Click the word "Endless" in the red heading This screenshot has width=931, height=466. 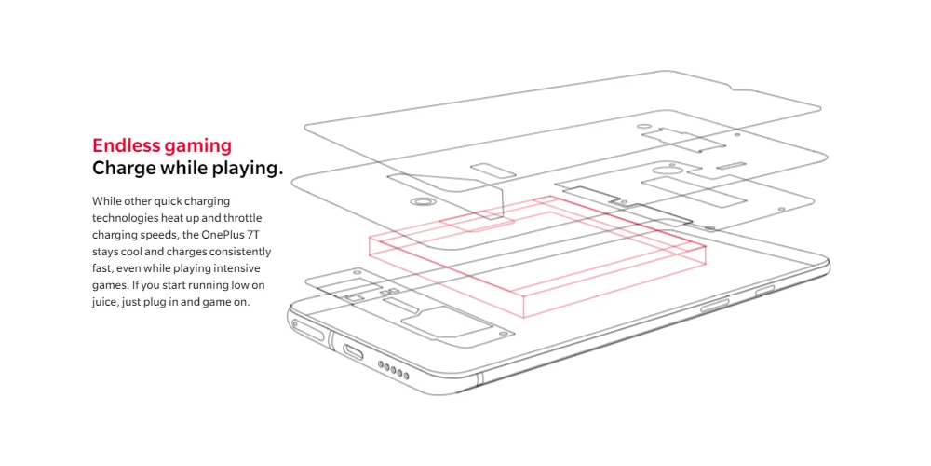(125, 145)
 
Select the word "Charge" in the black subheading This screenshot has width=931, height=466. (122, 169)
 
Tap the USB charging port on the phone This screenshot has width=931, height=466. (354, 351)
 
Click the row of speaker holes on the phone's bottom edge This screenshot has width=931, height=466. (394, 370)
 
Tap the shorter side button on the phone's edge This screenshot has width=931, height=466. (766, 292)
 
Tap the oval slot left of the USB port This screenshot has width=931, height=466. (310, 332)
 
